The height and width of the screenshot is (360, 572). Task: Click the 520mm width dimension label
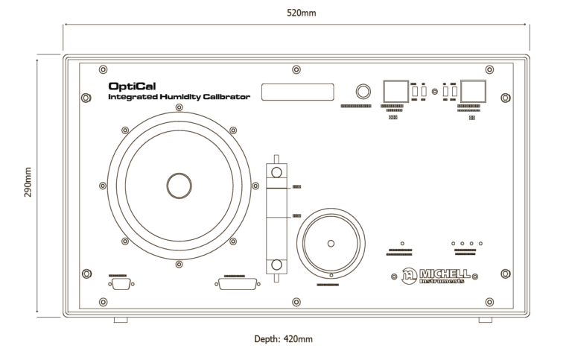coord(296,13)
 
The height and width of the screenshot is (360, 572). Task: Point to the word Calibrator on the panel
coord(226,97)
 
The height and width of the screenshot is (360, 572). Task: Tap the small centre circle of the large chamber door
coord(178,186)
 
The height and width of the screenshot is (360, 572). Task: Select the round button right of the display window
coord(363,92)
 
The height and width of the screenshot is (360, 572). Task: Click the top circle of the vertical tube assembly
coord(277,172)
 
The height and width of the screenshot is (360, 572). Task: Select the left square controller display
coord(393,91)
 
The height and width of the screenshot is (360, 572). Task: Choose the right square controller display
coord(473,91)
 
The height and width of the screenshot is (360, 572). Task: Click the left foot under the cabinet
coord(121,320)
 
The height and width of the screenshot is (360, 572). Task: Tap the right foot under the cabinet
coord(485,320)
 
